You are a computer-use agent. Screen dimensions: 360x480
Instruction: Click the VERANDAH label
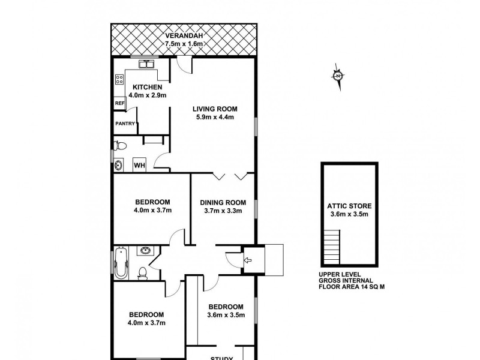(185, 35)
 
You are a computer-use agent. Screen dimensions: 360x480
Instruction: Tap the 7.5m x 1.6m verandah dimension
(185, 44)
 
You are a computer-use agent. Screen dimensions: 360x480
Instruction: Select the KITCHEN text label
(148, 87)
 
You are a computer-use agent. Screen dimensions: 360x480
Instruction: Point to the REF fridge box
(119, 103)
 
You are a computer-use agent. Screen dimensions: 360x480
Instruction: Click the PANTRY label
(125, 124)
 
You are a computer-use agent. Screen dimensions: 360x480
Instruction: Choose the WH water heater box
(139, 165)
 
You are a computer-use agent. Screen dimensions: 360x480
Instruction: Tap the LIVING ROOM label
(215, 109)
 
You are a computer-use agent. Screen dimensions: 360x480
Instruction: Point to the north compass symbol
(338, 76)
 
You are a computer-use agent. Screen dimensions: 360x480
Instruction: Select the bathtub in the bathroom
(121, 263)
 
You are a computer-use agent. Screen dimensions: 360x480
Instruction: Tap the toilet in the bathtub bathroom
(142, 273)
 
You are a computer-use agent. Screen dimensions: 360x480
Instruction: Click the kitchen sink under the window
(146, 64)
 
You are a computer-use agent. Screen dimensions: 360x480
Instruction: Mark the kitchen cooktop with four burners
(119, 79)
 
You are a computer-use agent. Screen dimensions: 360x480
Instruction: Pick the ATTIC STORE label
(349, 205)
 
